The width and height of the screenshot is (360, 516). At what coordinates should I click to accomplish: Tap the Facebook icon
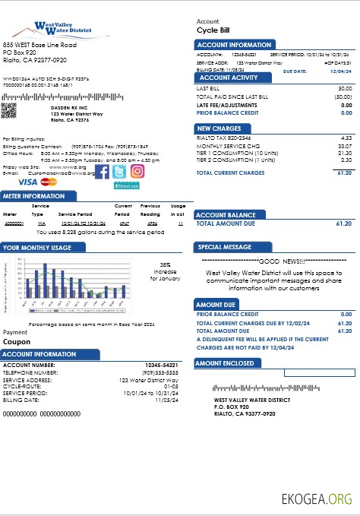pos(101,171)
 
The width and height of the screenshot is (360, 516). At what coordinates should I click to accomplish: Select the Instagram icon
pos(137,171)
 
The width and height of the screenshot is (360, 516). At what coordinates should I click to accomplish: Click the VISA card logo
pos(27,182)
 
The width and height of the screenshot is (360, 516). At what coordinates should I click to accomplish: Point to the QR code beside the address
pos(9,110)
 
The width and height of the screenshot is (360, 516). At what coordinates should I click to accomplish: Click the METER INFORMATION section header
pos(33,196)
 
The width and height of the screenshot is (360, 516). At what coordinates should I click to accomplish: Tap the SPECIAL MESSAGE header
pos(225,247)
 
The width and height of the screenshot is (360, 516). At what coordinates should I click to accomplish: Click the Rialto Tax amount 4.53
pos(346,138)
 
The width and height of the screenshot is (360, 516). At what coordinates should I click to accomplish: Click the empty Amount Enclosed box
pos(318,373)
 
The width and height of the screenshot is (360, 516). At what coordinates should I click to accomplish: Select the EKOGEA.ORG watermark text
pos(317,499)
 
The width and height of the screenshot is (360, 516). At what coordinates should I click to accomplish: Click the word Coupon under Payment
pos(17,342)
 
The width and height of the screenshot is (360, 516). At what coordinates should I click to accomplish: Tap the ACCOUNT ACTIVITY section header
pos(228,78)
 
